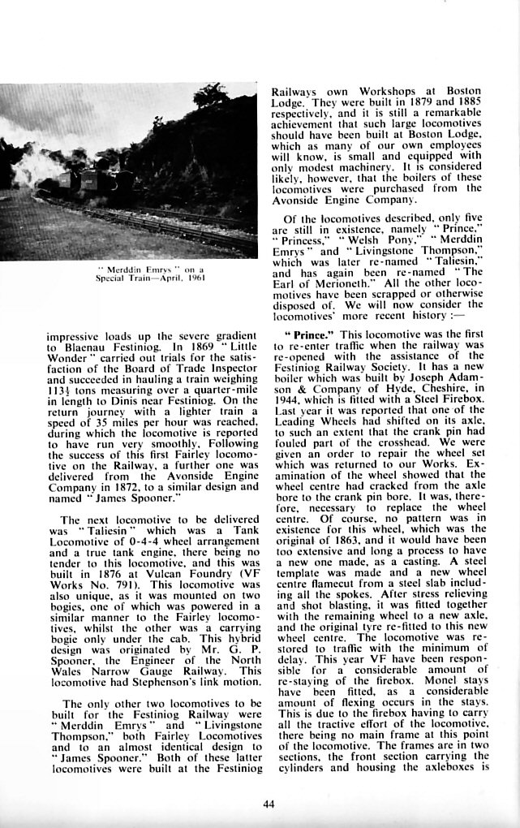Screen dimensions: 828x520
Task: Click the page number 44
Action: tap(269, 804)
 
